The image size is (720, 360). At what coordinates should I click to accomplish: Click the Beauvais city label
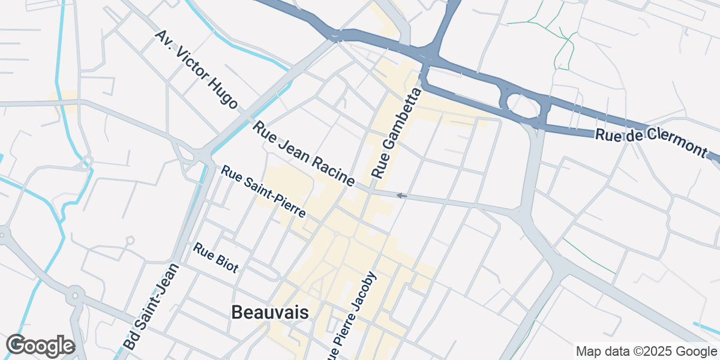click(x=270, y=313)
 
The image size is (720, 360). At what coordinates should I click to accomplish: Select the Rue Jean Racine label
click(x=304, y=153)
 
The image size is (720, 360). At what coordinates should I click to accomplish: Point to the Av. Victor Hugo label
click(x=196, y=69)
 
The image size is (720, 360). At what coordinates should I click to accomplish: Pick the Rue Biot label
click(x=216, y=257)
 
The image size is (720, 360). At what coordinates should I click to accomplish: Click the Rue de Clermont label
click(x=652, y=142)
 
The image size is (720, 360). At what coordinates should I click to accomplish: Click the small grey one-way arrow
click(x=401, y=196)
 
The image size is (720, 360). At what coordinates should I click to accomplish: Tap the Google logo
click(x=40, y=346)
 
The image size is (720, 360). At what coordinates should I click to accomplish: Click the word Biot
click(x=226, y=263)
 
